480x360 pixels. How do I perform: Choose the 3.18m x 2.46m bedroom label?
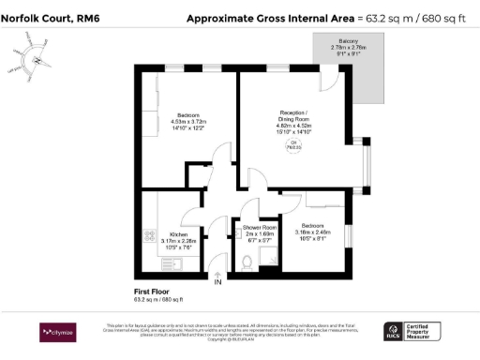click(x=313, y=229)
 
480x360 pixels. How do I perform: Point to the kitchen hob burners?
click(x=148, y=235)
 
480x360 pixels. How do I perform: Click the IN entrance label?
click(x=217, y=282)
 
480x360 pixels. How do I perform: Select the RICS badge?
click(x=395, y=332)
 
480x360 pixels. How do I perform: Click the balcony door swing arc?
click(x=330, y=82)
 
